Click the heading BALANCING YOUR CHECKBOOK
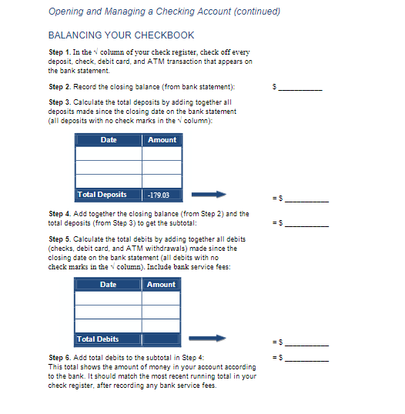(121, 35)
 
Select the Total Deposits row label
(102, 195)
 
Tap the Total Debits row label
(98, 339)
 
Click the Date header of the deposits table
(109, 140)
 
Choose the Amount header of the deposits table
(162, 140)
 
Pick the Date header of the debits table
(109, 285)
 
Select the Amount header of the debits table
(162, 285)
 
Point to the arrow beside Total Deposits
(209, 195)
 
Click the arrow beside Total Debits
(209, 339)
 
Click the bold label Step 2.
(60, 87)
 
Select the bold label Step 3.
(60, 102)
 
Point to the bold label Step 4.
(60, 214)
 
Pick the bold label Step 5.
(60, 239)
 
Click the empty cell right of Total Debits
(162, 339)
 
